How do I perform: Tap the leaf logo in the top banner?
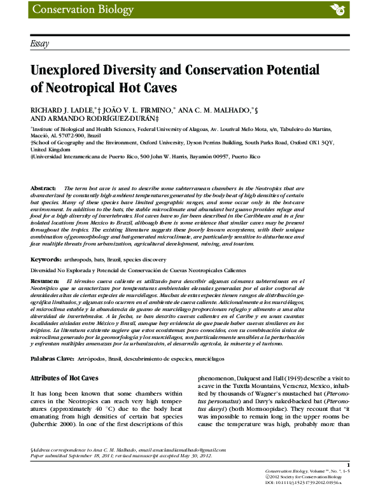(x=336, y=9)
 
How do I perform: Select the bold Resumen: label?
(x=45, y=280)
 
